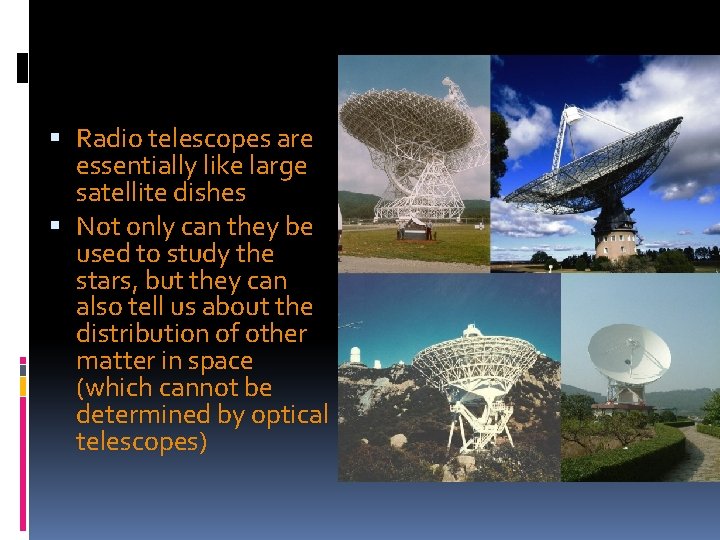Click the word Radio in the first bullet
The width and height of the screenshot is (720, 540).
[107, 139]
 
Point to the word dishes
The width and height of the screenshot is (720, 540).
[209, 193]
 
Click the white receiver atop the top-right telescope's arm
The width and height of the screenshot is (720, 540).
[571, 116]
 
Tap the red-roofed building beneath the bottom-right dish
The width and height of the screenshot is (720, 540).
[621, 407]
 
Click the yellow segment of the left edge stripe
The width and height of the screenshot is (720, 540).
[23, 383]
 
